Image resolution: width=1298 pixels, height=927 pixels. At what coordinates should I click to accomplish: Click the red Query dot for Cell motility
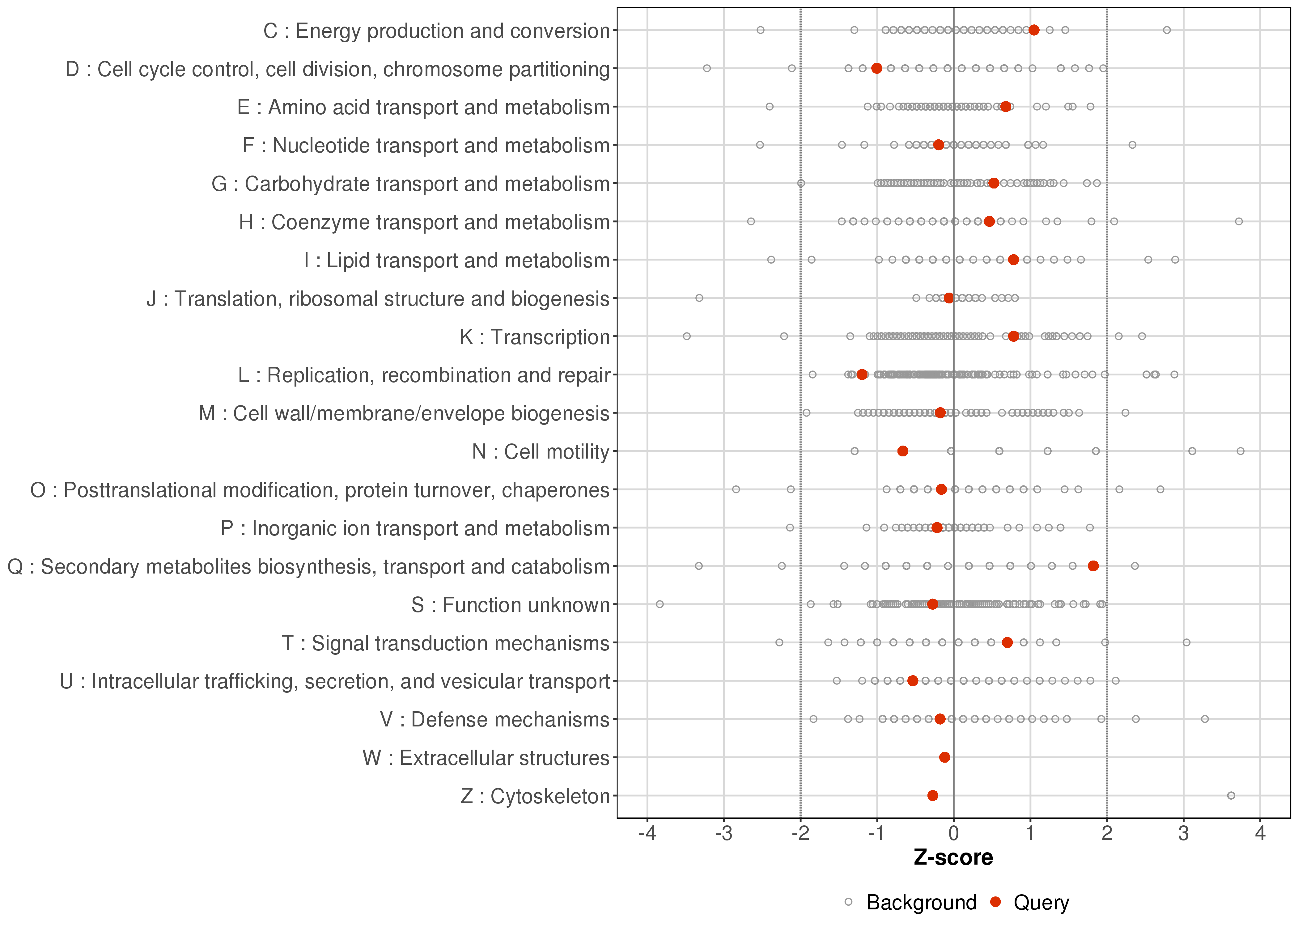click(902, 451)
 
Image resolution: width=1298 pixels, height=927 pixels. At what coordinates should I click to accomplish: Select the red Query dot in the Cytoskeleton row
click(933, 795)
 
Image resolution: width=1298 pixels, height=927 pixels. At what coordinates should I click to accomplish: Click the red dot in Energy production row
click(1034, 30)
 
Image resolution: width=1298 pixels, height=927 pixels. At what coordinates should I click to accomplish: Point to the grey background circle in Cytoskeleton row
click(1231, 795)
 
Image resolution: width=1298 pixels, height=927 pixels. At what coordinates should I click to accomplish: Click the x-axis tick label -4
click(647, 833)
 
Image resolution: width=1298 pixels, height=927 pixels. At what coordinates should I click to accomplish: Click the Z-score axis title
click(953, 857)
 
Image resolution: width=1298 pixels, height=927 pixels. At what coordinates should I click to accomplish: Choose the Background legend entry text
click(921, 903)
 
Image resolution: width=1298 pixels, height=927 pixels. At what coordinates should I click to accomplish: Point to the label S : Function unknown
click(510, 604)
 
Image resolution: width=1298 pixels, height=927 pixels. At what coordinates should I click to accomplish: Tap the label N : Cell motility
click(541, 451)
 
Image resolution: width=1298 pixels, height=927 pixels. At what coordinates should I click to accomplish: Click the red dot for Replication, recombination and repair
click(862, 375)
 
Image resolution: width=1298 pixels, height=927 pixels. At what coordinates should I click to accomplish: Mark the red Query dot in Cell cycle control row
click(877, 69)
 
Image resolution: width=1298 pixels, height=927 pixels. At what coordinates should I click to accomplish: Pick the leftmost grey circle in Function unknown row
click(660, 604)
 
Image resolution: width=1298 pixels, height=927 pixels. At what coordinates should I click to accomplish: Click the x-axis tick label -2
click(800, 833)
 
